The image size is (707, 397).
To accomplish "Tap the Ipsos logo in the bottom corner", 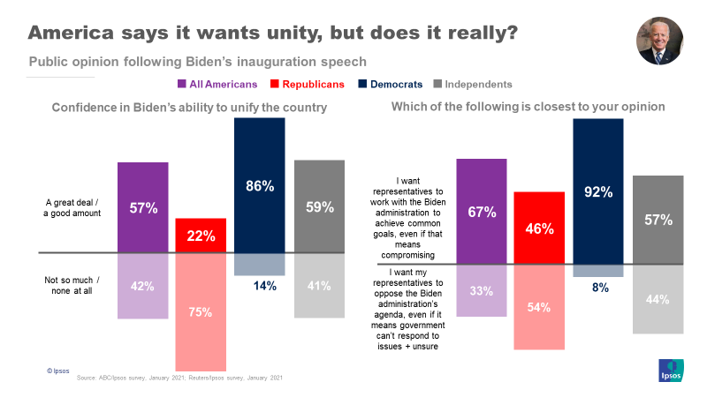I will pyautogui.click(x=672, y=371).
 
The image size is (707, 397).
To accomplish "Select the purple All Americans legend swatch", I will pyautogui.click(x=181, y=85).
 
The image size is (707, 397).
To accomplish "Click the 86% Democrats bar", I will pyautogui.click(x=260, y=185).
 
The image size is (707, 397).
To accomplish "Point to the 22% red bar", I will pyautogui.click(x=201, y=236).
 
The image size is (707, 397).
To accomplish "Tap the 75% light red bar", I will pyautogui.click(x=201, y=311).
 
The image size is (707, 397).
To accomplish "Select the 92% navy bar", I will pyautogui.click(x=598, y=191).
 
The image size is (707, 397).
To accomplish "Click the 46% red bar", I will pyautogui.click(x=539, y=228).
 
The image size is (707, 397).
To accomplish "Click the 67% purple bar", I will pyautogui.click(x=481, y=211).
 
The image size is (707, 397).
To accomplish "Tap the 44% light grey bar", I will pyautogui.click(x=658, y=298).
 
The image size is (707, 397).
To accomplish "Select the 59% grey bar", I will pyautogui.click(x=319, y=207).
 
